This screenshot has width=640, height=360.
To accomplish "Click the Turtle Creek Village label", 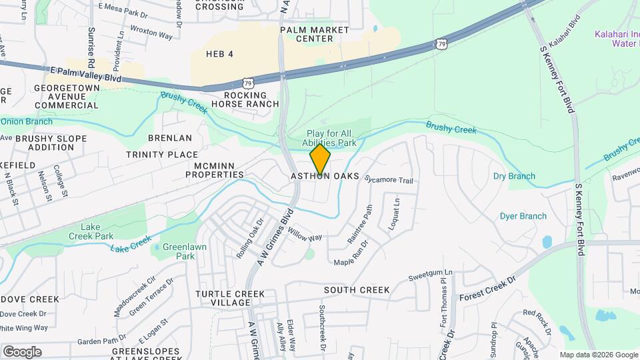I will coord(230,298).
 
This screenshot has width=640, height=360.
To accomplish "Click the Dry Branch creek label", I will coord(514,176).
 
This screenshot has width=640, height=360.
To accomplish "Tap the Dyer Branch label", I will coord(523,216).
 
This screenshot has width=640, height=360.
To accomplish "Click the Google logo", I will coord(21,351).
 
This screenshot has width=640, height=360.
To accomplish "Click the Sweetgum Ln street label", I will coord(430,273).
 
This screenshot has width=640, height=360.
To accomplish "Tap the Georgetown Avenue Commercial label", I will coord(65,97).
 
